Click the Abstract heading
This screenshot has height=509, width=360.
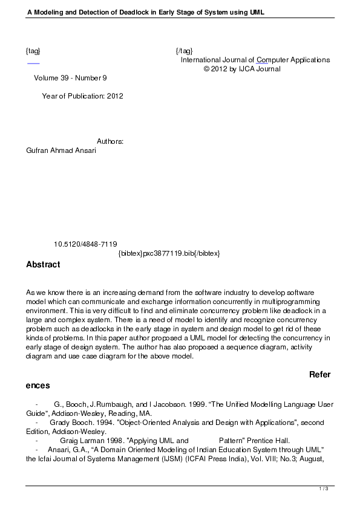43,265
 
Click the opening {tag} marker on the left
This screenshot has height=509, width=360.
33,51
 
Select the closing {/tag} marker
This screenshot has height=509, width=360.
184,51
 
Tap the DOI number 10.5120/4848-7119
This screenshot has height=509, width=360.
85,244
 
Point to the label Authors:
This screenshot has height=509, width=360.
110,141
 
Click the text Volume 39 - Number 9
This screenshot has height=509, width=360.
70,78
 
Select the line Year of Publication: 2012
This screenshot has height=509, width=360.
82,96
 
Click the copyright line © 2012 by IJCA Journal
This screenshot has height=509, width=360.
242,69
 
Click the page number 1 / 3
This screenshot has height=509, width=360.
324,488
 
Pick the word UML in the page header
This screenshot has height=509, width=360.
257,11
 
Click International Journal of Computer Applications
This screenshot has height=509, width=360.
255,60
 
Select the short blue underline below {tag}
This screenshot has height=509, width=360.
33,63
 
